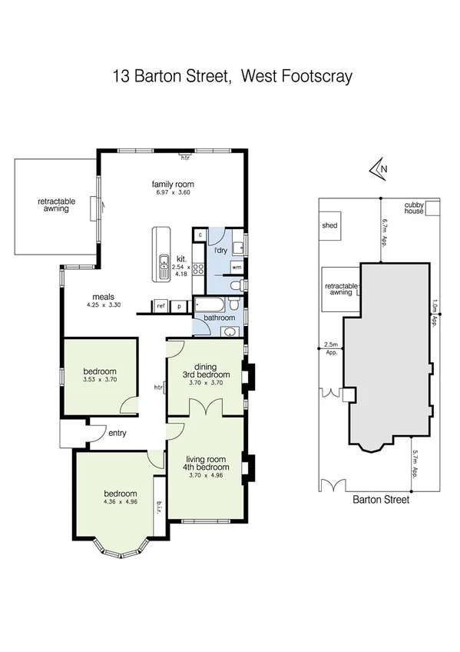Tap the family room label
click(172, 184)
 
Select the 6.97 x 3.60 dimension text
click(172, 192)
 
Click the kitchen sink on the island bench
click(163, 267)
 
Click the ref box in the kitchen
click(161, 305)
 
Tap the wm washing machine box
click(237, 267)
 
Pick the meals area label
click(104, 296)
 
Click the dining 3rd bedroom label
click(206, 371)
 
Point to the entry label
click(117, 433)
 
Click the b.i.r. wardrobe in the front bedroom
click(159, 504)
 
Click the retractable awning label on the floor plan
click(57, 205)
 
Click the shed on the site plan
click(331, 226)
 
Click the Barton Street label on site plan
click(380, 499)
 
